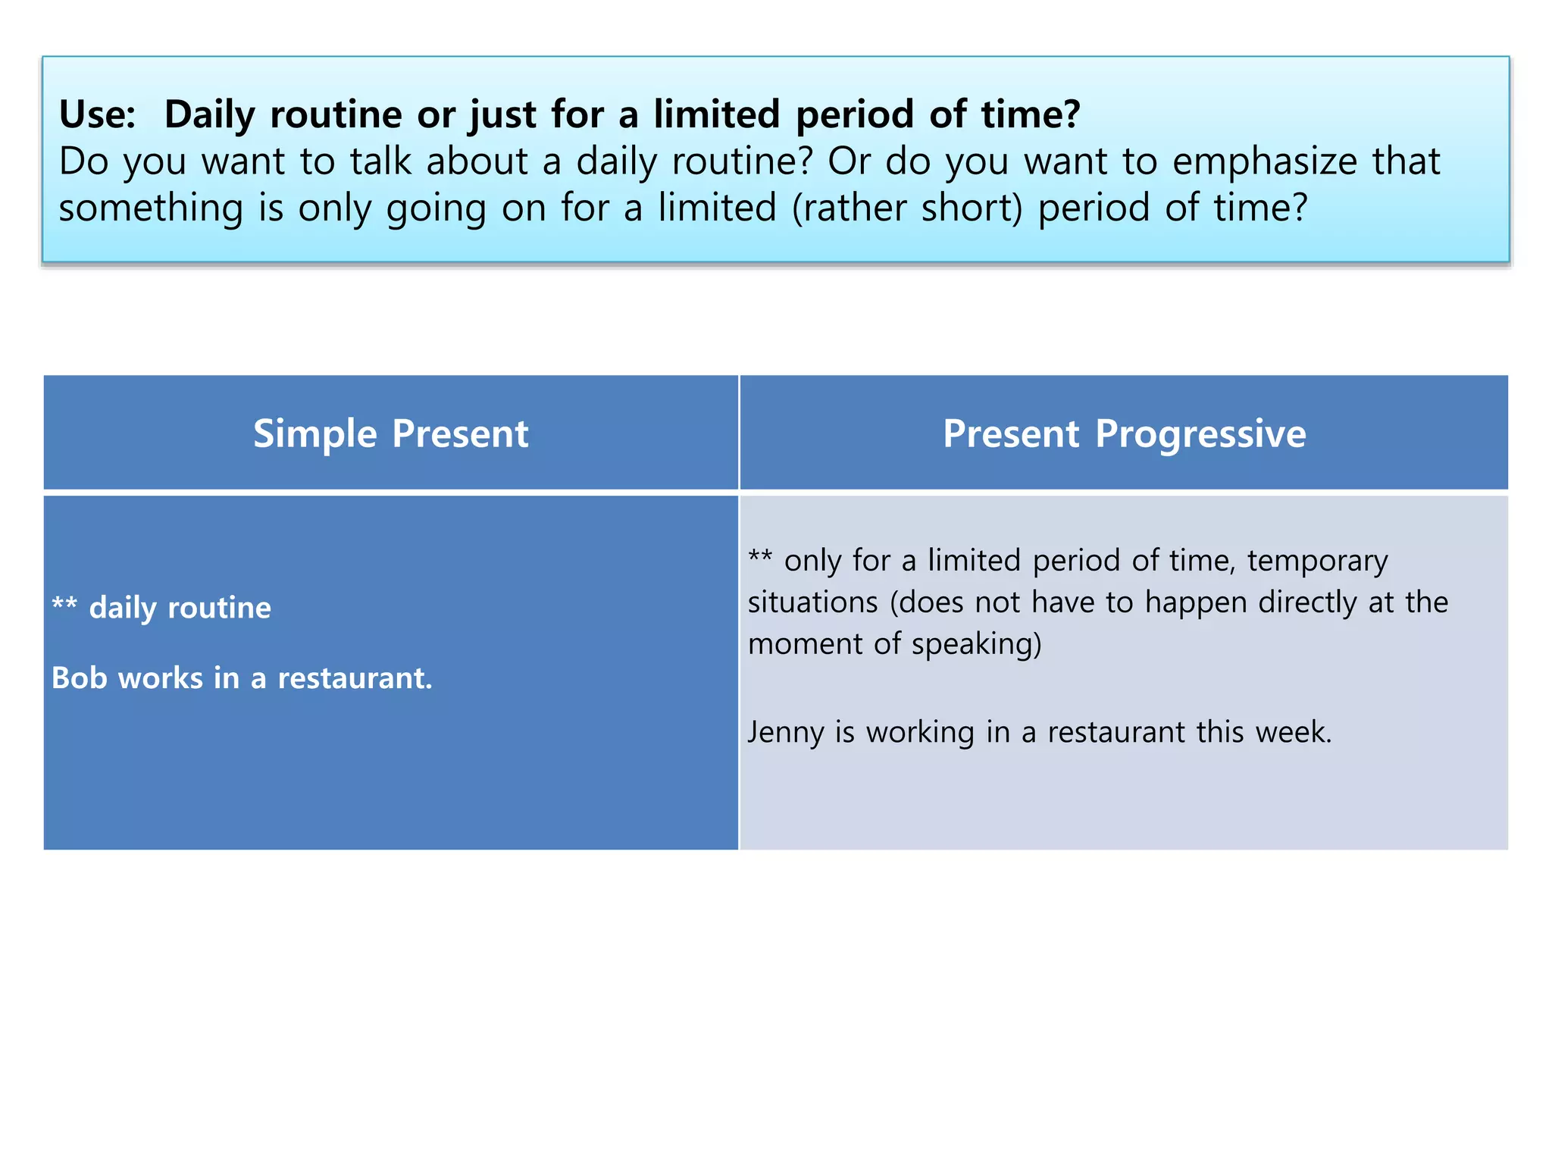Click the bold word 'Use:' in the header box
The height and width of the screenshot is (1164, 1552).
pos(98,115)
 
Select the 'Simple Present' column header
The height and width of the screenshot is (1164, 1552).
pos(390,433)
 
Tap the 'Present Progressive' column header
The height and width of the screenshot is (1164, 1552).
pos(1124,433)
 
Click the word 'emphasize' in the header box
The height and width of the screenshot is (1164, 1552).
pos(1265,161)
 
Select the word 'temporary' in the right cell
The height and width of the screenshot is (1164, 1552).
pos(1317,561)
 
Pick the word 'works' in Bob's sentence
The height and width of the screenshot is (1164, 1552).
pos(161,677)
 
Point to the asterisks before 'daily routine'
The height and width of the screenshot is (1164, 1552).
pos(64,604)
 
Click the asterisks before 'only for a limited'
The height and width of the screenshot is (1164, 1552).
pos(760,557)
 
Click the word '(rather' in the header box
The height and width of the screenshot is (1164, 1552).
pos(849,208)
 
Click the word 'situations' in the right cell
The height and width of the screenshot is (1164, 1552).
pos(812,602)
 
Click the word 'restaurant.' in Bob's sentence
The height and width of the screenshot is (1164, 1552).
pos(355,677)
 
